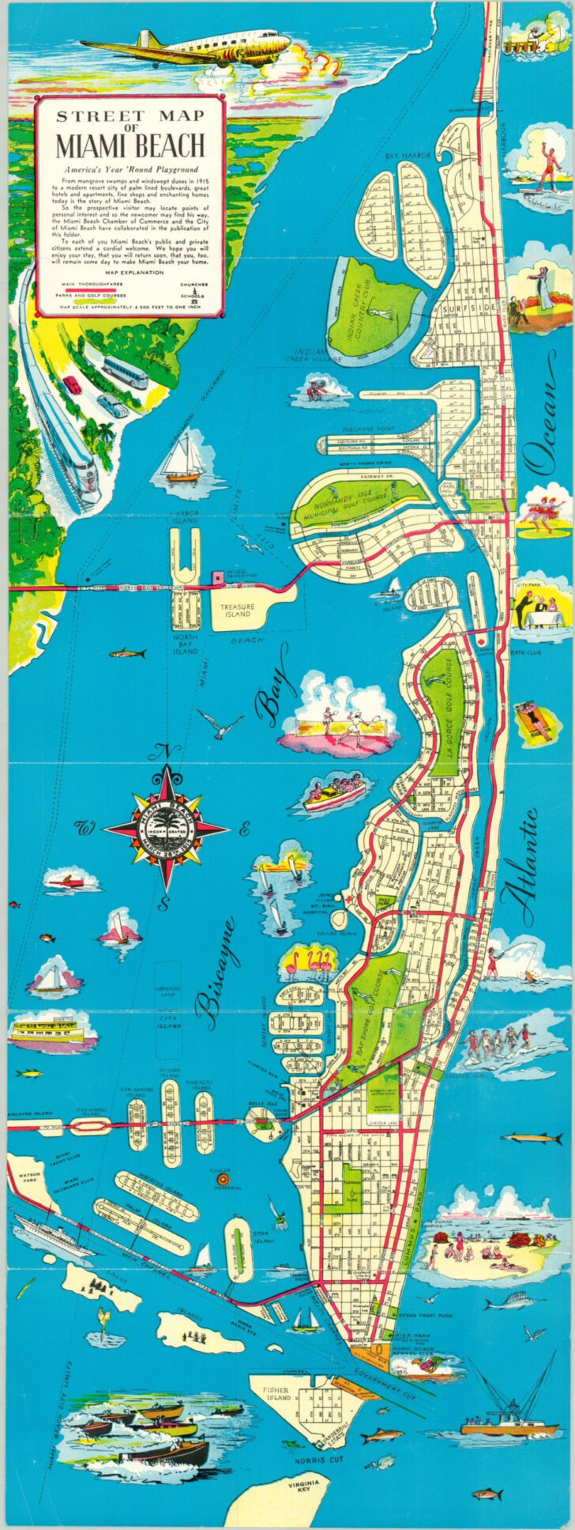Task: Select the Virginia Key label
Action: (x=304, y=1485)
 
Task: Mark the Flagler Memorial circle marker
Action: (x=222, y=1181)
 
